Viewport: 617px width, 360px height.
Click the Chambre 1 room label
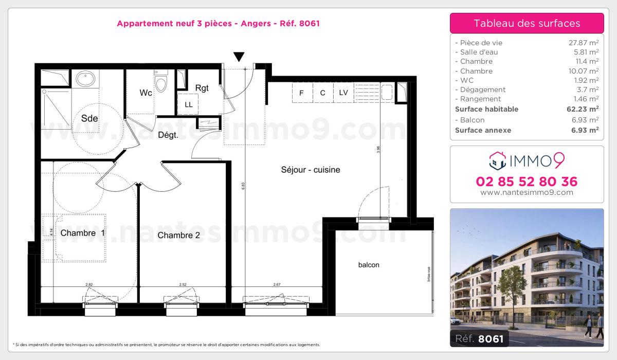point(82,233)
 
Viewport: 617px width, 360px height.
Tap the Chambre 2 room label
point(178,236)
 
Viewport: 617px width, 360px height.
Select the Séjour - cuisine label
point(311,170)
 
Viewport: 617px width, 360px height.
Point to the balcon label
point(369,265)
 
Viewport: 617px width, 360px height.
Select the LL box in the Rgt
point(189,104)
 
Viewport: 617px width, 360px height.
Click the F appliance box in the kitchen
point(302,93)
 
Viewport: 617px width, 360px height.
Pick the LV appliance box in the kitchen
point(343,93)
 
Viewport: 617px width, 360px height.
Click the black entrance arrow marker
point(239,56)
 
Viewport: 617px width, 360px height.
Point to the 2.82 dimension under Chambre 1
point(89,284)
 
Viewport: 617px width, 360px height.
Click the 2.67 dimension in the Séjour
point(277,284)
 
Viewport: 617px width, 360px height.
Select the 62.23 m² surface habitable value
point(584,109)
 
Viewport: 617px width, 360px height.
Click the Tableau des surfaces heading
point(527,23)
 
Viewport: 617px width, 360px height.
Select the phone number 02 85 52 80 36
point(527,182)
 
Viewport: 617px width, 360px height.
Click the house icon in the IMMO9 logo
point(498,161)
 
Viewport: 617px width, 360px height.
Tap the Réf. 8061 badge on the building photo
point(479,338)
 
